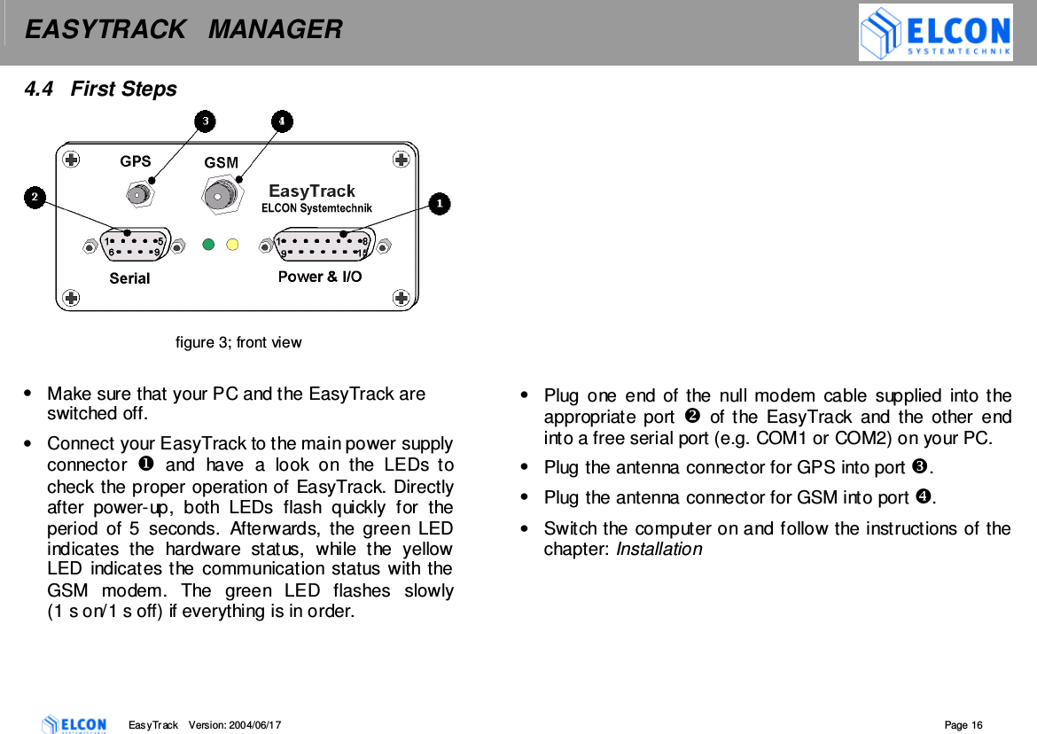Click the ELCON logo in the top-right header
coord(935,33)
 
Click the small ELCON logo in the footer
coord(74,724)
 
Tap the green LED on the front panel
coord(209,244)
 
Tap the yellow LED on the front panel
coord(232,244)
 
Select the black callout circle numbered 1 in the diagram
coord(439,204)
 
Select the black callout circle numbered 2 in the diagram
coord(35,197)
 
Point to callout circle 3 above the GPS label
coord(205,121)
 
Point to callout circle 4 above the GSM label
coord(281,121)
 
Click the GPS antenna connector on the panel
coord(137,194)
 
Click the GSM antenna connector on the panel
coord(219,193)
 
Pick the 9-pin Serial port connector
coord(133,246)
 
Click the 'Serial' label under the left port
coord(129,278)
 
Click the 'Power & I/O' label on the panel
coord(320,277)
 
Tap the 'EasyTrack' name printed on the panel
coord(312,191)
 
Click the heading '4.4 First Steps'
coord(100,89)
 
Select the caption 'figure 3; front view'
coord(238,342)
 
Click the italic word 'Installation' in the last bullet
coord(659,550)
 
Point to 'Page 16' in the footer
coord(963,725)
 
